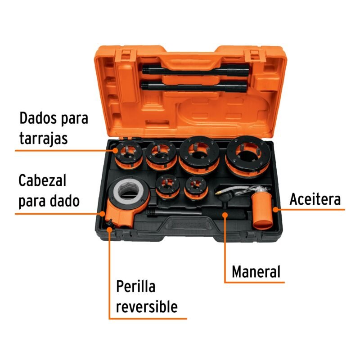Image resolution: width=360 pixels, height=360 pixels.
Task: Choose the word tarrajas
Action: click(43, 138)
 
